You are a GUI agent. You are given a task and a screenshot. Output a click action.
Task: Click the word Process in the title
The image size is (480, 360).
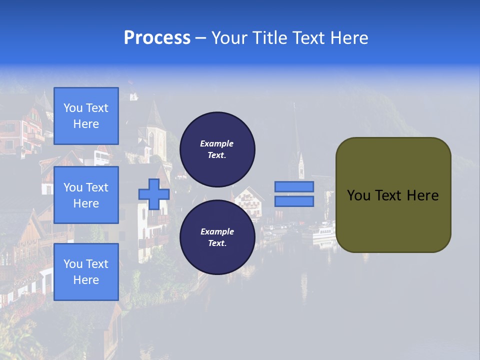(x=157, y=38)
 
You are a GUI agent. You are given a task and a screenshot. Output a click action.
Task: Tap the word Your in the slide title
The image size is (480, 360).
(x=229, y=38)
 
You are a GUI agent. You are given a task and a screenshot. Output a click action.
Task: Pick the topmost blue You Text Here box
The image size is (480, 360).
(x=86, y=116)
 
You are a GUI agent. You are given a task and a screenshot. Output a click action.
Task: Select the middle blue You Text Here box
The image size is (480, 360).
(x=86, y=195)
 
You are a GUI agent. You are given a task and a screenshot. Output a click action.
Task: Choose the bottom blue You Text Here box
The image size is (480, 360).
(x=86, y=272)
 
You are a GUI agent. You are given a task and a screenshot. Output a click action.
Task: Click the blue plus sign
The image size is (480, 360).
(x=154, y=194)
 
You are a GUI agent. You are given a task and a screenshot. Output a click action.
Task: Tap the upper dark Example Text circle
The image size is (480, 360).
(x=217, y=149)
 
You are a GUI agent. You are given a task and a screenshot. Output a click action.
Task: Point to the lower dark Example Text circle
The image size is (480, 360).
(x=217, y=237)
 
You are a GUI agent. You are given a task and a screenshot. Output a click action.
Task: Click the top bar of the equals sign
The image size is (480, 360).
(x=294, y=186)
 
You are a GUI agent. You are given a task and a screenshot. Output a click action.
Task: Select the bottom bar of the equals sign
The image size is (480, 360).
(x=294, y=201)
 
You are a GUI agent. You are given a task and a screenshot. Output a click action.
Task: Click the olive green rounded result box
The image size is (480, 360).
(x=393, y=195)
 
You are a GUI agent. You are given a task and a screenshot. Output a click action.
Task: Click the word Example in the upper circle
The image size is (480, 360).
(x=217, y=143)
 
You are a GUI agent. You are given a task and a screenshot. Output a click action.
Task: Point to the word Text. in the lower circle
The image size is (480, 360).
(x=217, y=243)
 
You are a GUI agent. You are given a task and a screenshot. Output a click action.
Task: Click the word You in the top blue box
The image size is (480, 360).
(x=73, y=108)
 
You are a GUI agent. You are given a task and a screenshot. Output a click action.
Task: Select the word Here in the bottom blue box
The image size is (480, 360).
(x=86, y=280)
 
